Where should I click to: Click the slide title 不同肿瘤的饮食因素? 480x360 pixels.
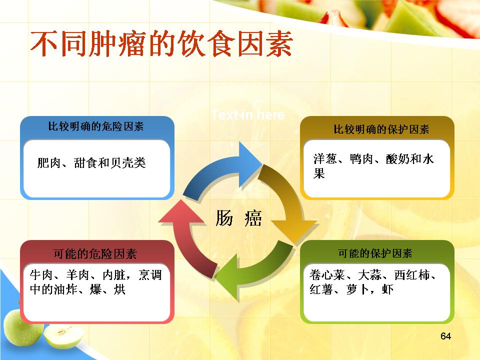click(161, 43)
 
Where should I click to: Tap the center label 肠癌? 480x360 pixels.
click(239, 218)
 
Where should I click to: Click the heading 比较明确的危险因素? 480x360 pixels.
click(96, 126)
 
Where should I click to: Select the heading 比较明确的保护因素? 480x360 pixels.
click(381, 129)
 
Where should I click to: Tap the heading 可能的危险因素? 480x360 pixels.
click(95, 254)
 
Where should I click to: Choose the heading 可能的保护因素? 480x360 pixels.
click(375, 253)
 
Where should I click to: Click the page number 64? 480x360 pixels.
click(445, 336)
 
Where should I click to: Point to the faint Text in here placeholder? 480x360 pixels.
click(248, 115)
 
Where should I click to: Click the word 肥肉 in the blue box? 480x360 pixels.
click(49, 162)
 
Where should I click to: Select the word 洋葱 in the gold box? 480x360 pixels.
click(325, 158)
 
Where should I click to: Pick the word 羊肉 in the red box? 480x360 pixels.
click(78, 275)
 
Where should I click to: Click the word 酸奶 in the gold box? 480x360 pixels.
click(398, 158)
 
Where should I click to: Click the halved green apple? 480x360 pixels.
click(63, 336)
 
